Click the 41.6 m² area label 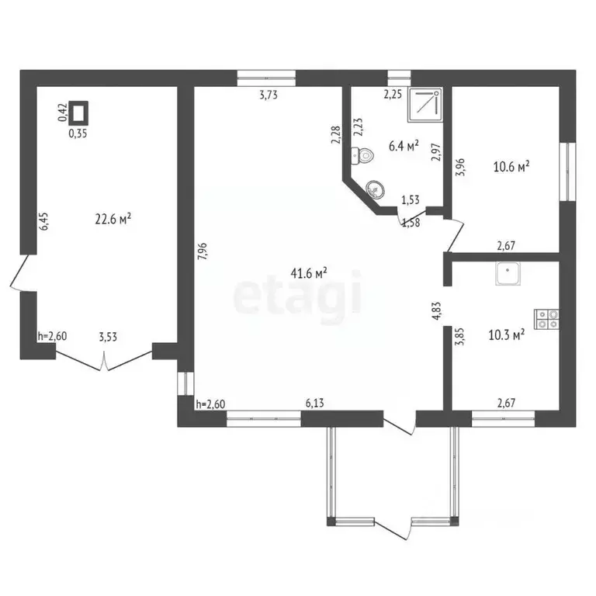coord(309,272)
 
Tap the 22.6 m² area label coord(113,220)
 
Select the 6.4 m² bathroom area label coord(404,145)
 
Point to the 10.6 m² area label coord(511,165)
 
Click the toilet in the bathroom coord(363,155)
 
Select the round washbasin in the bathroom coord(375,189)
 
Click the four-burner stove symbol coord(546,319)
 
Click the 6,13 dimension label coord(314,403)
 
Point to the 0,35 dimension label coord(78,133)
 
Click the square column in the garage coord(78,113)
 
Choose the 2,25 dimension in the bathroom coord(393,95)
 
